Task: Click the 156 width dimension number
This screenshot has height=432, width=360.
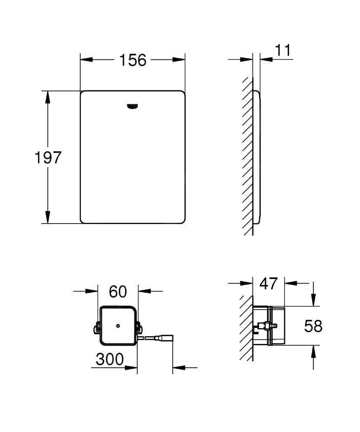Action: pyautogui.click(x=132, y=60)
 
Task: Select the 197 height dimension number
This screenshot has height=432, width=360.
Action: pyautogui.click(x=48, y=158)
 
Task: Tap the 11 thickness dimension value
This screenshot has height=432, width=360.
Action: pyautogui.click(x=282, y=50)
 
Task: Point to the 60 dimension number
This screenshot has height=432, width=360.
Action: pyautogui.click(x=118, y=291)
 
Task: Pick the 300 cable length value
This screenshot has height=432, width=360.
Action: pyautogui.click(x=110, y=359)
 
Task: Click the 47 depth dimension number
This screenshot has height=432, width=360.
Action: pyautogui.click(x=269, y=283)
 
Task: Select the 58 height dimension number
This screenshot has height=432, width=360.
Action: pyautogui.click(x=313, y=326)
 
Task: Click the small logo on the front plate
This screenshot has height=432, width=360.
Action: pyautogui.click(x=133, y=106)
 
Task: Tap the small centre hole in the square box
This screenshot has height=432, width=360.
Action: pyautogui.click(x=118, y=326)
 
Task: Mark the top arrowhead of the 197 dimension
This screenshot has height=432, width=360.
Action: pyautogui.click(x=48, y=97)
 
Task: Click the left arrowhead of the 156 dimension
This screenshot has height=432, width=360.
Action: pyautogui.click(x=86, y=60)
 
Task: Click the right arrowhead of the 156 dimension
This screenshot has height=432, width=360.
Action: pyautogui.click(x=179, y=60)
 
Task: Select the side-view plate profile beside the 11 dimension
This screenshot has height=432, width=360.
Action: pyautogui.click(x=257, y=156)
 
